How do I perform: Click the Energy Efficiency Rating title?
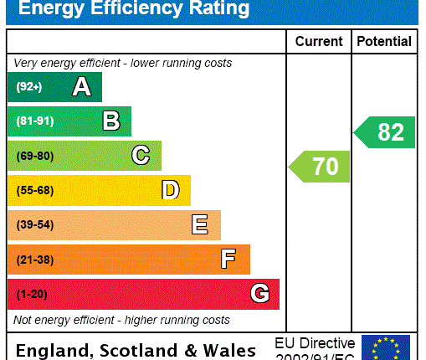(135, 9)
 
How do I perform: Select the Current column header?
(319, 41)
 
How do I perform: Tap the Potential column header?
(384, 41)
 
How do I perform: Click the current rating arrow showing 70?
(321, 167)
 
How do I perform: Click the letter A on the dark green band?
(81, 86)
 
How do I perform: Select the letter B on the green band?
(111, 121)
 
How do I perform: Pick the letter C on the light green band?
(141, 156)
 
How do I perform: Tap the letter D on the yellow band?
(171, 190)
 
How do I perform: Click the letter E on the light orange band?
(200, 224)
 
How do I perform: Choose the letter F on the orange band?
(228, 260)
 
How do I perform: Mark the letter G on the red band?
(259, 294)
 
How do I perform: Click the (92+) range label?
(28, 86)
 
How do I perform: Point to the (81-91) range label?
(34, 121)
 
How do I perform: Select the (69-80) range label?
(34, 156)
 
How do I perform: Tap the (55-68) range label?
(34, 190)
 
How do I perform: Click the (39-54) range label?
(34, 224)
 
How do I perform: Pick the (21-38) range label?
(34, 260)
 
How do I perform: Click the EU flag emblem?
(386, 347)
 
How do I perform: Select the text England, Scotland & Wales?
(136, 350)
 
